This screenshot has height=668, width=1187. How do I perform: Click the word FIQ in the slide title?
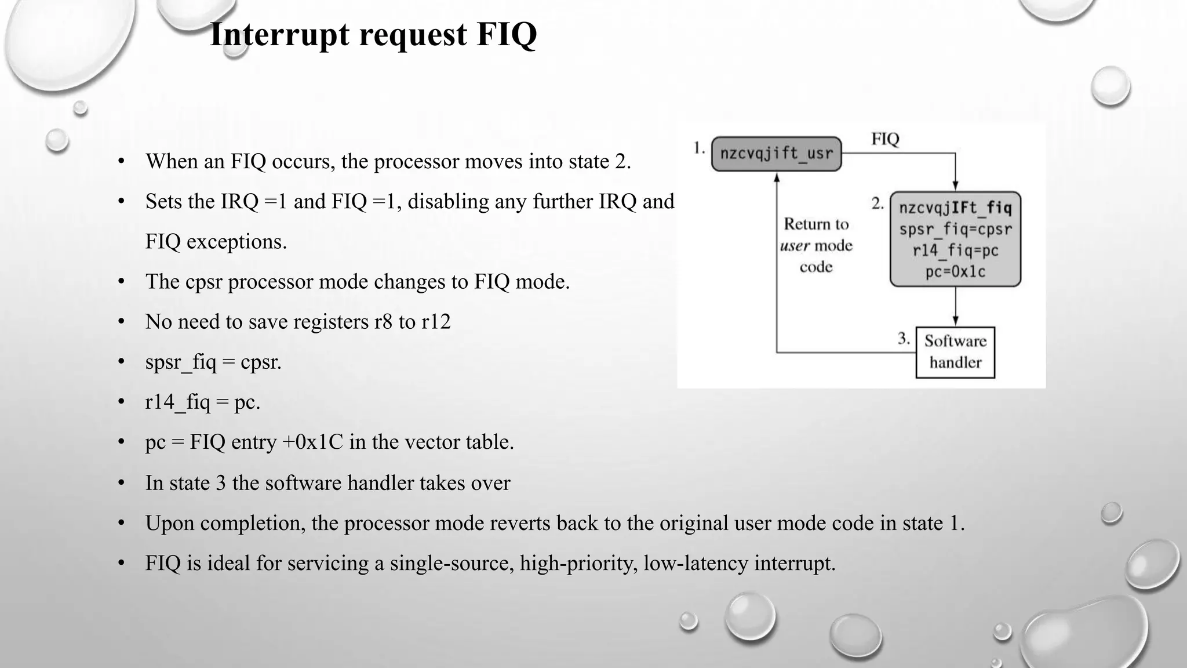coord(507,35)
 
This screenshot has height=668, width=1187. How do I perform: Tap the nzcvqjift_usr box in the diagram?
coord(776,154)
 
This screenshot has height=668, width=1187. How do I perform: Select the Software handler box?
coord(955,352)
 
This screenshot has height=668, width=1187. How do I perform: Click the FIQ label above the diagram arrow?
coord(885,139)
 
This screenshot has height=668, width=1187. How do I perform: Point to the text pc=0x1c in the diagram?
coord(955,271)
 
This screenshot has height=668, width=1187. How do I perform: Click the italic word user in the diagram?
coord(795,246)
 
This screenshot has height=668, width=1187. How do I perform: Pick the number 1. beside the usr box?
coord(699,148)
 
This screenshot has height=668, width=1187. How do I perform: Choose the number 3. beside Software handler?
coord(904,338)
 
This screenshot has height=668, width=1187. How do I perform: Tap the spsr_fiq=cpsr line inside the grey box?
coord(955,229)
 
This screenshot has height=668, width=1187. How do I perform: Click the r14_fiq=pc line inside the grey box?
coord(955,251)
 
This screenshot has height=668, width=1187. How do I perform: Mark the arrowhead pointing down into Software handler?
coord(955,321)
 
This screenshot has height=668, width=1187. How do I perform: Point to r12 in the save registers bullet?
coord(436,322)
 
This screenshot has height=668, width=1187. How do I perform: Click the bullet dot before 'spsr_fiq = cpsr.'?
coord(121,362)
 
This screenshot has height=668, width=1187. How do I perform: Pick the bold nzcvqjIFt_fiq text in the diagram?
coord(955,208)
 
